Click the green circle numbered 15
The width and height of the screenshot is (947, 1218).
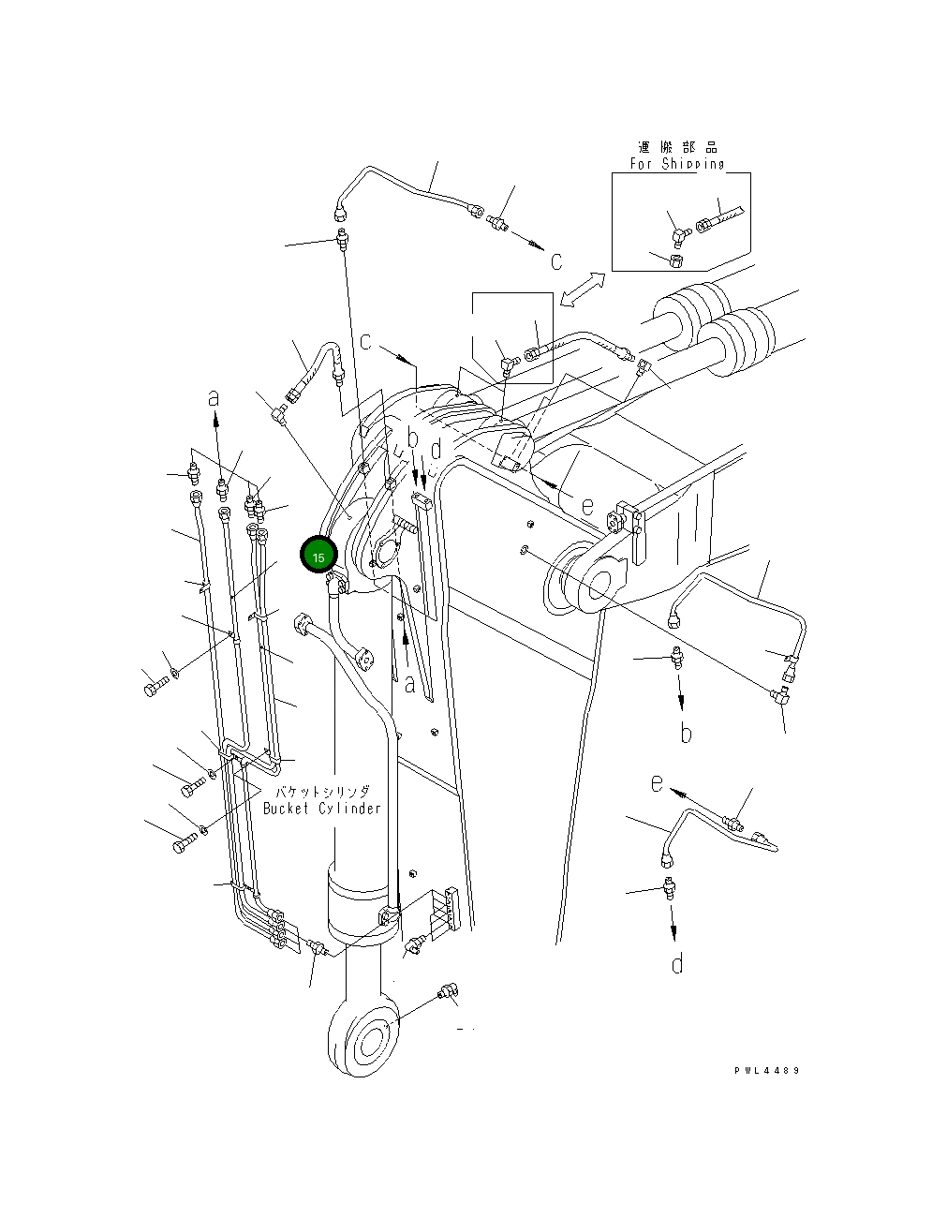click(318, 556)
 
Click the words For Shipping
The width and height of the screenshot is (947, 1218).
click(676, 164)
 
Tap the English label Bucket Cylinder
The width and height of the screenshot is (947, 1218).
click(321, 809)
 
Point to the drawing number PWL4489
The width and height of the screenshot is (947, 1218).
click(767, 1070)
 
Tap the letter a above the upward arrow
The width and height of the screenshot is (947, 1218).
click(215, 397)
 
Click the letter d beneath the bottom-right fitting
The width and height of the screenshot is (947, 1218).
click(677, 962)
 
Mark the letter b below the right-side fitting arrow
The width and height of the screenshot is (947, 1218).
click(686, 733)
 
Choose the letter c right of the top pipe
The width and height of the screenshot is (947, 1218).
click(556, 260)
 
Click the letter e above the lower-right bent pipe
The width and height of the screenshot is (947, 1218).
click(658, 781)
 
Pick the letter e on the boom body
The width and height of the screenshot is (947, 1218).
click(586, 506)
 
